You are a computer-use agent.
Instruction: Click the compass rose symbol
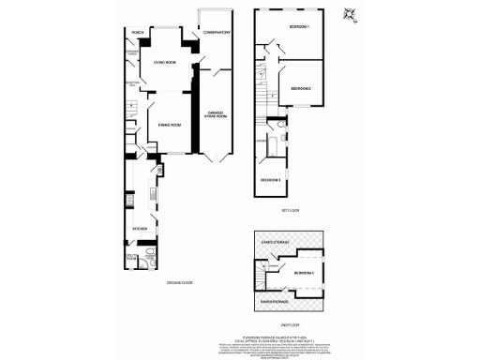(351, 13)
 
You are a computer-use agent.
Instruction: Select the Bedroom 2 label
(299, 87)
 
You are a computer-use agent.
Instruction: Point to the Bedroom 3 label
(271, 178)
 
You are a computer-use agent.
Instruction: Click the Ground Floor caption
(180, 282)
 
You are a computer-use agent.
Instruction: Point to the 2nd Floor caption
(289, 325)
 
